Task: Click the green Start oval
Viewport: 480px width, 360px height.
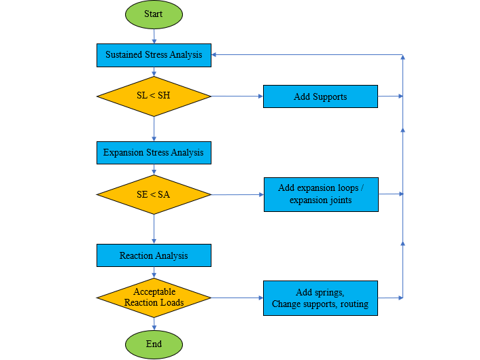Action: tap(154, 14)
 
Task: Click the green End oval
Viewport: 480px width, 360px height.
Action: tap(154, 344)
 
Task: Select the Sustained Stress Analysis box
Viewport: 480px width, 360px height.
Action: tap(154, 55)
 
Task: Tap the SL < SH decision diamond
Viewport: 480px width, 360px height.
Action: tap(154, 96)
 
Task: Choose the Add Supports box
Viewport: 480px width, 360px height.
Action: tap(320, 96)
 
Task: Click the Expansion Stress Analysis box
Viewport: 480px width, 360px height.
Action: tap(154, 153)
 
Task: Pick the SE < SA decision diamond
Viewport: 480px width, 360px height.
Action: tap(154, 195)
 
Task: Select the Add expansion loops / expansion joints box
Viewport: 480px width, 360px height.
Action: tap(321, 194)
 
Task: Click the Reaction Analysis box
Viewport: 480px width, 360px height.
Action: tap(154, 255)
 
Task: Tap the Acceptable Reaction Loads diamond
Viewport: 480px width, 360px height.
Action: tap(154, 298)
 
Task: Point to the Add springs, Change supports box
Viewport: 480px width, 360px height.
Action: tap(320, 298)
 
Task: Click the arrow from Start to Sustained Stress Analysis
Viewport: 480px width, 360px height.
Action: tap(154, 36)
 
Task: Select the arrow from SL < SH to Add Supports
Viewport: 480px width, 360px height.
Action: tap(237, 96)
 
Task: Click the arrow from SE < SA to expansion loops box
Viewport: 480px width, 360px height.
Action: tap(237, 195)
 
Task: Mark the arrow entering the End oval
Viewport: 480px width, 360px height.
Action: tap(154, 324)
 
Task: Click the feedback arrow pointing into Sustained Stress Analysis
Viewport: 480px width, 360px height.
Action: tap(306, 55)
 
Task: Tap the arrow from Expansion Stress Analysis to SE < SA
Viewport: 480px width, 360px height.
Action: tap(154, 170)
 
